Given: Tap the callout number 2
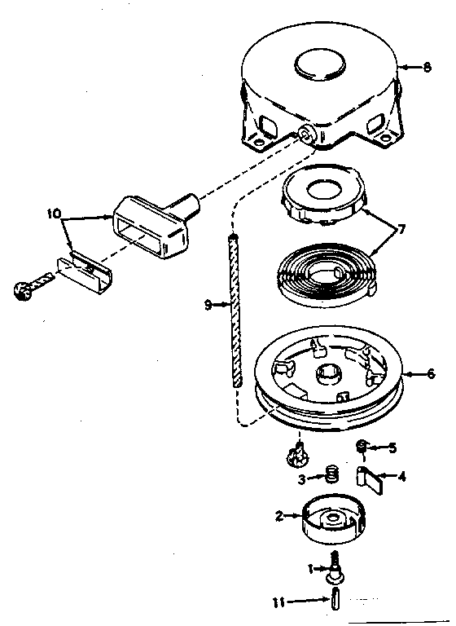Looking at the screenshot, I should click(x=278, y=515).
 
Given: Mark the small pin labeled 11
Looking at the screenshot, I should click(x=335, y=602).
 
